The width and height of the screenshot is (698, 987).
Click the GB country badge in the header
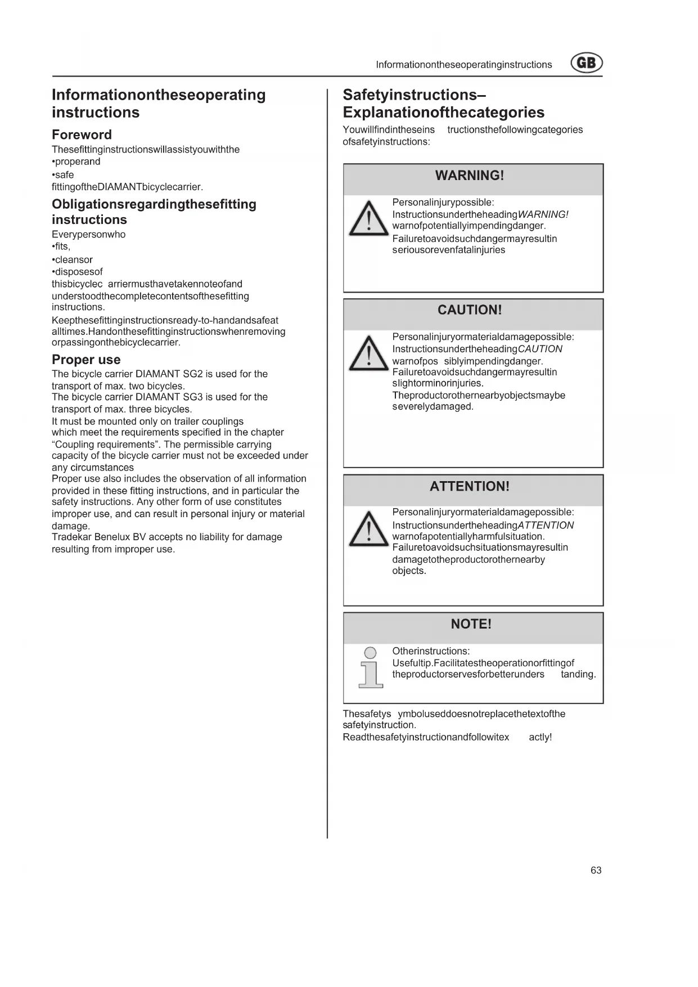pyautogui.click(x=587, y=62)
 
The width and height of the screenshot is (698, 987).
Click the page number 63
pyautogui.click(x=596, y=871)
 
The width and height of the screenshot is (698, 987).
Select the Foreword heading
pyautogui.click(x=82, y=134)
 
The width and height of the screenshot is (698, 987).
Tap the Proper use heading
pyautogui.click(x=86, y=360)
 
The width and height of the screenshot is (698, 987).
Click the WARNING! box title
pyautogui.click(x=470, y=176)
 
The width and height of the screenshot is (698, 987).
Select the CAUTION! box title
pyautogui.click(x=470, y=310)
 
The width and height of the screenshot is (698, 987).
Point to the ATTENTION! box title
pyautogui.click(x=470, y=486)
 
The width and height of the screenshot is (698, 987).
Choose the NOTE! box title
pyautogui.click(x=471, y=624)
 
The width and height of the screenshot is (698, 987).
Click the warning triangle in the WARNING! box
pyautogui.click(x=368, y=219)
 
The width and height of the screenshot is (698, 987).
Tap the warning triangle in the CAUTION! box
pyautogui.click(x=368, y=353)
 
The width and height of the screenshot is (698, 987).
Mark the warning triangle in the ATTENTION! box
pyautogui.click(x=368, y=530)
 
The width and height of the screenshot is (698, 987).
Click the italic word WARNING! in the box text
pyautogui.click(x=543, y=214)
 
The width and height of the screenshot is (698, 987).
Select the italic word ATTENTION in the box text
pyautogui.click(x=546, y=526)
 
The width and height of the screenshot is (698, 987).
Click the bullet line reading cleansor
pyautogui.click(x=73, y=260)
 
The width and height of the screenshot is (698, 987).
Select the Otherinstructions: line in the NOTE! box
pyautogui.click(x=431, y=651)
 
